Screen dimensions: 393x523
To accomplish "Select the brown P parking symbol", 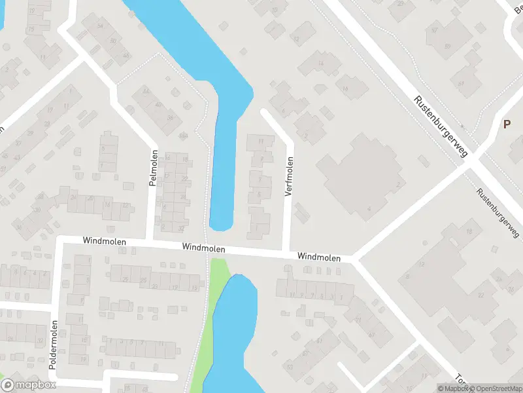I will pos(506,124).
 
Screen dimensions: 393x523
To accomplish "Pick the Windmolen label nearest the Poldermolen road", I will pos(105,242).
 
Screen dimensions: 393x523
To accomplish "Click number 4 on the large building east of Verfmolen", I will pos(369,208).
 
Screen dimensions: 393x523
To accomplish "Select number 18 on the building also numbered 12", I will pos(469,233).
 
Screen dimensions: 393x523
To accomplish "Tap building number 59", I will pos(448,46).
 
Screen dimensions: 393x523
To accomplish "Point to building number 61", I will pos(461,84).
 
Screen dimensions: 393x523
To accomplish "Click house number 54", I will pos(100,26).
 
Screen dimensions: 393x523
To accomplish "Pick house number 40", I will pos(159,104).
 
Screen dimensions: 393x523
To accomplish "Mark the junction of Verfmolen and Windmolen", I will pos(286,252).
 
